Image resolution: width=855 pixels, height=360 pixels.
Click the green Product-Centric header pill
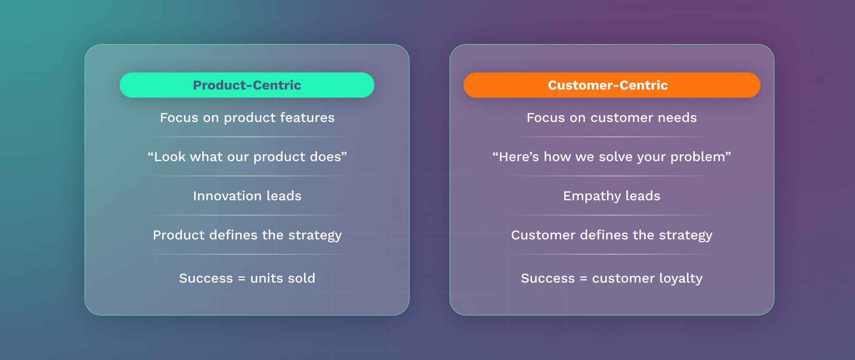[247, 85]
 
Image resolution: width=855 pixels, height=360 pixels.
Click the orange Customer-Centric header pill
[612, 85]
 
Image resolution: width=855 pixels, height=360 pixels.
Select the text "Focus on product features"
[247, 118]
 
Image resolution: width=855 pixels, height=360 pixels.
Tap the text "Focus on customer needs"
[612, 118]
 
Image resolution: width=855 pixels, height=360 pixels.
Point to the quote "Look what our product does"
[247, 157]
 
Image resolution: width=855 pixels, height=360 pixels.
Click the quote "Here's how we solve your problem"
[612, 157]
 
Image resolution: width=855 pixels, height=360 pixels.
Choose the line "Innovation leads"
[247, 196]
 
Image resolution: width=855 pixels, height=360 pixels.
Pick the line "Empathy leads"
[612, 196]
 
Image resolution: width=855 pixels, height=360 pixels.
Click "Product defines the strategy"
[247, 235]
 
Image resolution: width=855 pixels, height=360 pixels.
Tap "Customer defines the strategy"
[612, 235]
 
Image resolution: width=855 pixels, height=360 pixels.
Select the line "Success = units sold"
[247, 278]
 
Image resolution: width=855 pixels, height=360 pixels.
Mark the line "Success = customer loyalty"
[612, 279]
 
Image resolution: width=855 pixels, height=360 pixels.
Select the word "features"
[307, 118]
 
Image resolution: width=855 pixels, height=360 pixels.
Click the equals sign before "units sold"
[242, 279]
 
